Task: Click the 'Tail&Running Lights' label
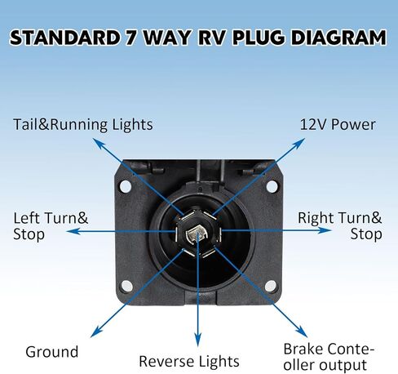click(x=83, y=125)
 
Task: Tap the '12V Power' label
click(x=338, y=124)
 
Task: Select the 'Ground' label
click(x=52, y=352)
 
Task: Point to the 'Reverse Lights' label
click(x=189, y=362)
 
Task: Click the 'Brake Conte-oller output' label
click(x=329, y=357)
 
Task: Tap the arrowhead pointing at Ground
click(x=96, y=332)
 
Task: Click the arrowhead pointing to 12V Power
click(x=299, y=144)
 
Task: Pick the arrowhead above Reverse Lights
click(x=198, y=341)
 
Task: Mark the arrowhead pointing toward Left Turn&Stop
click(x=73, y=231)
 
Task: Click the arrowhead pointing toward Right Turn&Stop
click(x=325, y=230)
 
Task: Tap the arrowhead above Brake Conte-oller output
click(x=302, y=332)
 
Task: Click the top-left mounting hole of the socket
click(x=126, y=186)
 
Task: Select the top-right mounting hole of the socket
click(x=272, y=186)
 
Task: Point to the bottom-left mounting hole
click(x=127, y=286)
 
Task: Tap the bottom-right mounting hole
click(x=271, y=286)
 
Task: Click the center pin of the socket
click(x=197, y=235)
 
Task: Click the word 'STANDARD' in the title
click(x=64, y=38)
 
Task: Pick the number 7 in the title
click(x=131, y=38)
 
